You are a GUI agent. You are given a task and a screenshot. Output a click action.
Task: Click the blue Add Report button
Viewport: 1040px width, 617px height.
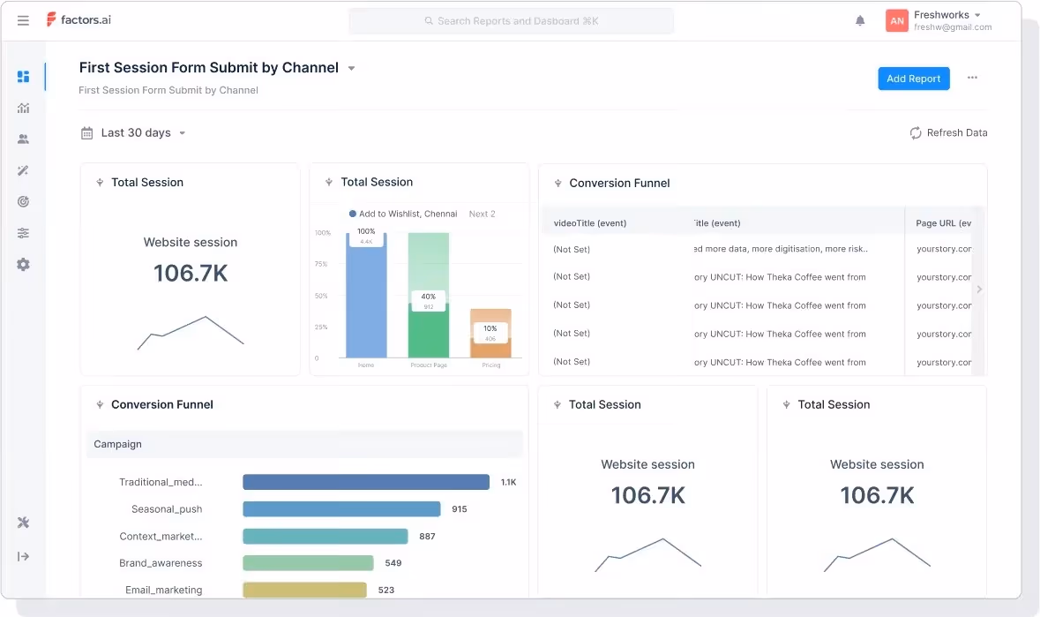pyautogui.click(x=913, y=79)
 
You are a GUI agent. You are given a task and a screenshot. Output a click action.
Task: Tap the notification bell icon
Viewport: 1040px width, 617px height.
pyautogui.click(x=860, y=21)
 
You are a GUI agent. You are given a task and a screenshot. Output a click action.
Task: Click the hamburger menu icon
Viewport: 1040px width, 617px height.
pyautogui.click(x=23, y=21)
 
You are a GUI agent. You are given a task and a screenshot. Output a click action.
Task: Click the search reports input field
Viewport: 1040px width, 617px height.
pyautogui.click(x=511, y=21)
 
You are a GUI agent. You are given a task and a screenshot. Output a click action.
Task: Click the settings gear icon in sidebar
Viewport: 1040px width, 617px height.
pyautogui.click(x=23, y=265)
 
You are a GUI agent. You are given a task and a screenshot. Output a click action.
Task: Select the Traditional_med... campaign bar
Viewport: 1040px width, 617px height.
pyautogui.click(x=365, y=482)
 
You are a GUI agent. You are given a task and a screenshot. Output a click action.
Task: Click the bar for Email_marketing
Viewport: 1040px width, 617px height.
pyautogui.click(x=303, y=590)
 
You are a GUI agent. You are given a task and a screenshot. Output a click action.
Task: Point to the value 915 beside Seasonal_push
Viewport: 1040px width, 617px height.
pyautogui.click(x=460, y=509)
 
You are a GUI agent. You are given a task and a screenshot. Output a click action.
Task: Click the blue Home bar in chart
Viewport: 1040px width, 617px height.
pyautogui.click(x=366, y=300)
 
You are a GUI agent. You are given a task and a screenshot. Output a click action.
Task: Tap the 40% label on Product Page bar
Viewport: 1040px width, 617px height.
pyautogui.click(x=428, y=297)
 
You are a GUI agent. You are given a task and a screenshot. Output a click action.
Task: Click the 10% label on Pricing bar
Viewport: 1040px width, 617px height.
pyautogui.click(x=490, y=328)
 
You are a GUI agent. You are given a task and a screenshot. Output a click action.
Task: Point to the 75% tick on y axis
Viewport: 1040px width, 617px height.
pyautogui.click(x=322, y=264)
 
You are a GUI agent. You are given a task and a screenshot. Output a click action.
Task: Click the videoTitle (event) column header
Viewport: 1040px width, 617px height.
pyautogui.click(x=589, y=223)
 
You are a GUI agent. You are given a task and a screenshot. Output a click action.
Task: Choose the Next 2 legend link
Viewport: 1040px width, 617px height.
pyautogui.click(x=482, y=214)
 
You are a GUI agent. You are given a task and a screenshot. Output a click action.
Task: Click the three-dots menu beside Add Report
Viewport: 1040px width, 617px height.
pyautogui.click(x=972, y=78)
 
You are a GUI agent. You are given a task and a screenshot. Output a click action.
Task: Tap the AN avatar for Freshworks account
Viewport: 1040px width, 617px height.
pyautogui.click(x=896, y=21)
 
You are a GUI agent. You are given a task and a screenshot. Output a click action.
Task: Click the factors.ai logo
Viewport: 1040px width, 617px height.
pyautogui.click(x=79, y=20)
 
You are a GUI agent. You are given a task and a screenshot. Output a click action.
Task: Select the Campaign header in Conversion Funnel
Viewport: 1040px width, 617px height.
pyautogui.click(x=118, y=444)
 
